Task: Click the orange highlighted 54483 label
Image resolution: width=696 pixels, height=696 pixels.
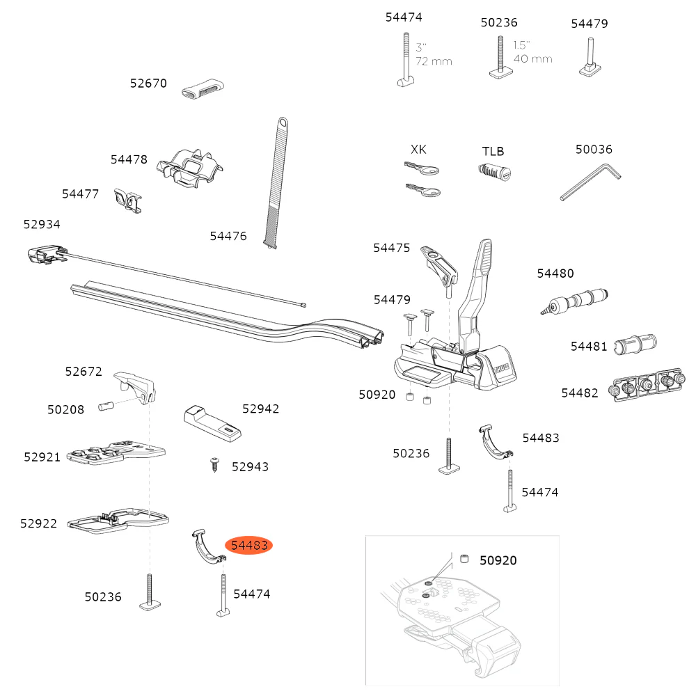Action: click(250, 546)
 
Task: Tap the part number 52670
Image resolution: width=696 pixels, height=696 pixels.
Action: click(148, 84)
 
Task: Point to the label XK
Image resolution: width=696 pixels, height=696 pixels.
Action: click(418, 150)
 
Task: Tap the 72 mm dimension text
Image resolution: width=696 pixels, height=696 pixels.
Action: click(434, 61)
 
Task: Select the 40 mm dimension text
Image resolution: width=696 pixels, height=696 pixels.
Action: click(532, 58)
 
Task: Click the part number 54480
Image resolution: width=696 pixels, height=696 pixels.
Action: click(555, 274)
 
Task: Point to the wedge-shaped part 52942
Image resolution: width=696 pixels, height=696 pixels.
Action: click(213, 423)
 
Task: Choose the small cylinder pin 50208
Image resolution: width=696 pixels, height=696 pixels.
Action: click(106, 406)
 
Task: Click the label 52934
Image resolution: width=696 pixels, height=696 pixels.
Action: click(42, 224)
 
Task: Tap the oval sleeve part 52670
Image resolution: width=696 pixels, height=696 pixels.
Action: click(203, 90)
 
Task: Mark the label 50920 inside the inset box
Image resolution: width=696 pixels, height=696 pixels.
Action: click(498, 560)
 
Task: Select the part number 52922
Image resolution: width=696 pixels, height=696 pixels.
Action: click(39, 523)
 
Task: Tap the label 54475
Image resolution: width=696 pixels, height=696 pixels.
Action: click(392, 248)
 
